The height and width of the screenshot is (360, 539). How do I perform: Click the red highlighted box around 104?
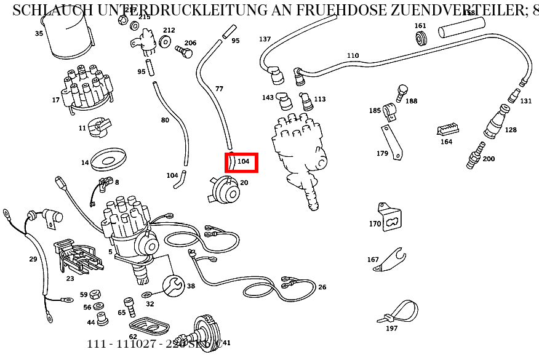[241, 162]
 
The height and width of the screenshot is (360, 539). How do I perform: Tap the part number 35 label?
[39, 34]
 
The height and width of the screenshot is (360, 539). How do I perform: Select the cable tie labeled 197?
[399, 312]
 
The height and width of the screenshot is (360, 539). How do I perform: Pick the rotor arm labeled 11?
[97, 126]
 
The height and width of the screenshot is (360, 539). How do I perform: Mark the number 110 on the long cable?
[353, 56]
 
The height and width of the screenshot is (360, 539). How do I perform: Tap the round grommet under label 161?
[421, 39]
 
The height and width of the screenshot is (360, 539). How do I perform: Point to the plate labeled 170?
[391, 218]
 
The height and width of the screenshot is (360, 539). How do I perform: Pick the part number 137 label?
[265, 39]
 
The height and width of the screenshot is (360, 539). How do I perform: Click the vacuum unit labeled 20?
[226, 190]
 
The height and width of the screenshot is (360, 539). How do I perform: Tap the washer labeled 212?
[165, 42]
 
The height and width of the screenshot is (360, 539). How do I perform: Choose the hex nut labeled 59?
[95, 295]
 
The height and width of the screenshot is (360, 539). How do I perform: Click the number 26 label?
[322, 287]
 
